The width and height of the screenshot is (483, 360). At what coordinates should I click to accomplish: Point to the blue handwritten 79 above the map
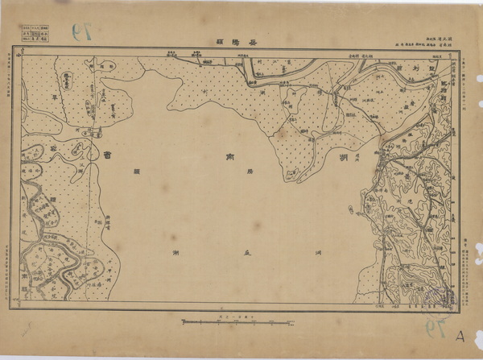click(x=82, y=32)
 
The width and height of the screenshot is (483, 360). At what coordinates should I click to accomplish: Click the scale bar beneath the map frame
click(x=235, y=321)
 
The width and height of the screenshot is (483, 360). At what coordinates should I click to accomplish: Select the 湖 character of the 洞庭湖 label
click(x=175, y=252)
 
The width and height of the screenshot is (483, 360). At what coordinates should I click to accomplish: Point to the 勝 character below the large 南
click(x=226, y=172)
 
